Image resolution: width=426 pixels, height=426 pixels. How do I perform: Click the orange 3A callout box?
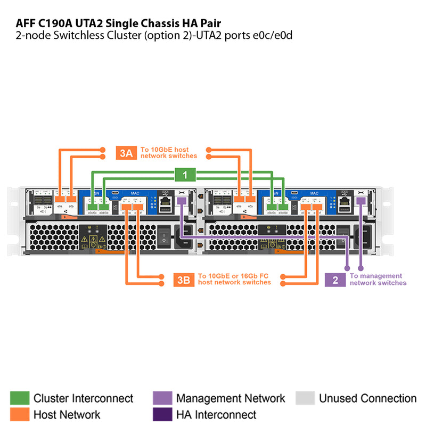pos(126,153)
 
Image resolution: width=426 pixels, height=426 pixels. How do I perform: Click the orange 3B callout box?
pos(183,280)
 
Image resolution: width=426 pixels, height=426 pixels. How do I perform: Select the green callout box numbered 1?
pos(185,175)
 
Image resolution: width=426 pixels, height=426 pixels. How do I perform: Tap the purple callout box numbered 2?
pos(335,280)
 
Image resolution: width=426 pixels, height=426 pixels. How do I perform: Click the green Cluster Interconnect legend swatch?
pos(20,398)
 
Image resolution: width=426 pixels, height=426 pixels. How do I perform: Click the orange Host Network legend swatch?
pos(20,414)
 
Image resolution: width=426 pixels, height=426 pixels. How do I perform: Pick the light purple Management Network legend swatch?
pos(162,398)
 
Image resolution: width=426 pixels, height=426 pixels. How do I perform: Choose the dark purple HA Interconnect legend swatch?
pos(162,414)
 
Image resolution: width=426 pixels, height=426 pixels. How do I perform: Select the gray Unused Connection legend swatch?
pos(305,398)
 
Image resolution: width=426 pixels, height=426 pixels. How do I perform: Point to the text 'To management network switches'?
pos(378,280)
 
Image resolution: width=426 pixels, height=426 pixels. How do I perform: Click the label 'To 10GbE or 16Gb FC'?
pos(234,276)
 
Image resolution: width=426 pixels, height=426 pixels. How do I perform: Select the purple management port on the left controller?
pos(181,201)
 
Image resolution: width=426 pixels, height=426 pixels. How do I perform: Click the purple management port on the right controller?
pos(361,201)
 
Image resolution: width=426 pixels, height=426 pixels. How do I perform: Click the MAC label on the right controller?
pos(314,193)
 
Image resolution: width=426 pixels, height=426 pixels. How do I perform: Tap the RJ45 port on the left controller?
pos(166,202)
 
